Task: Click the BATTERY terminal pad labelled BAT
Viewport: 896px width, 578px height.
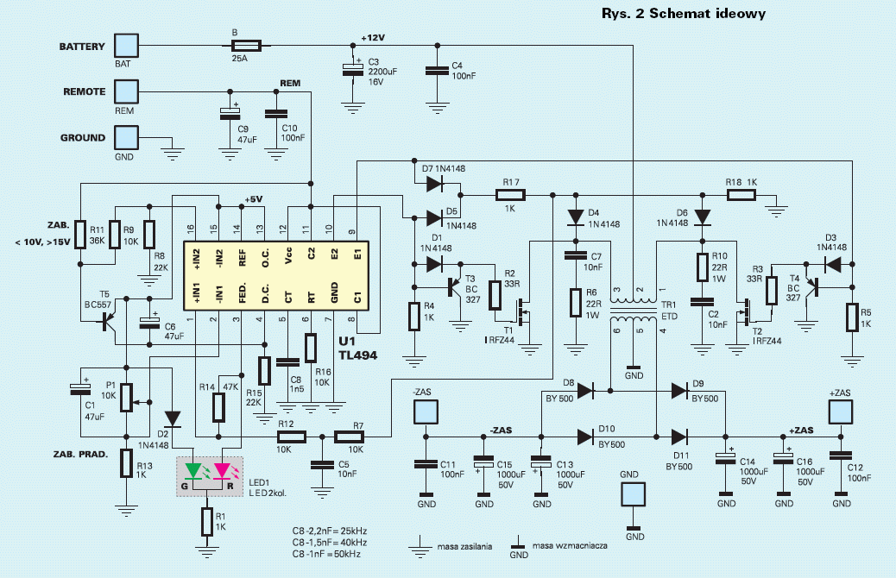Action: tap(126, 46)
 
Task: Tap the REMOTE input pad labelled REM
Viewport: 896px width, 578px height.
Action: tap(126, 91)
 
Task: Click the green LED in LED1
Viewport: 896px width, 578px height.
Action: tap(193, 472)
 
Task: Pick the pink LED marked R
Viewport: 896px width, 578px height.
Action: tap(222, 472)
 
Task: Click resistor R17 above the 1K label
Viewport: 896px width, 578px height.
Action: tap(510, 195)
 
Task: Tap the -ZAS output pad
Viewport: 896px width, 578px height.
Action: tap(426, 412)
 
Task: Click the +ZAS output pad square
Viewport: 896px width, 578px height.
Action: tap(840, 412)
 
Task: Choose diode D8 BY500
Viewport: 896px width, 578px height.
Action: tap(586, 391)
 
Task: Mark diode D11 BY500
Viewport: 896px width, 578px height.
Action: tap(679, 437)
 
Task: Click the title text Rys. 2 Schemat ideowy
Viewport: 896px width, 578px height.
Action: tap(684, 14)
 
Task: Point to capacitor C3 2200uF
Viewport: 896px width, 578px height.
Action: tap(352, 70)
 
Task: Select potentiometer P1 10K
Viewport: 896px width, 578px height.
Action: tap(127, 398)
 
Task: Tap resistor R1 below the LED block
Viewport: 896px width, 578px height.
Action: tap(207, 521)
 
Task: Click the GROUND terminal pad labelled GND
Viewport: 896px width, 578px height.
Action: tap(126, 138)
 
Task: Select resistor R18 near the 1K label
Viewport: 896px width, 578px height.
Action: tap(741, 195)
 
